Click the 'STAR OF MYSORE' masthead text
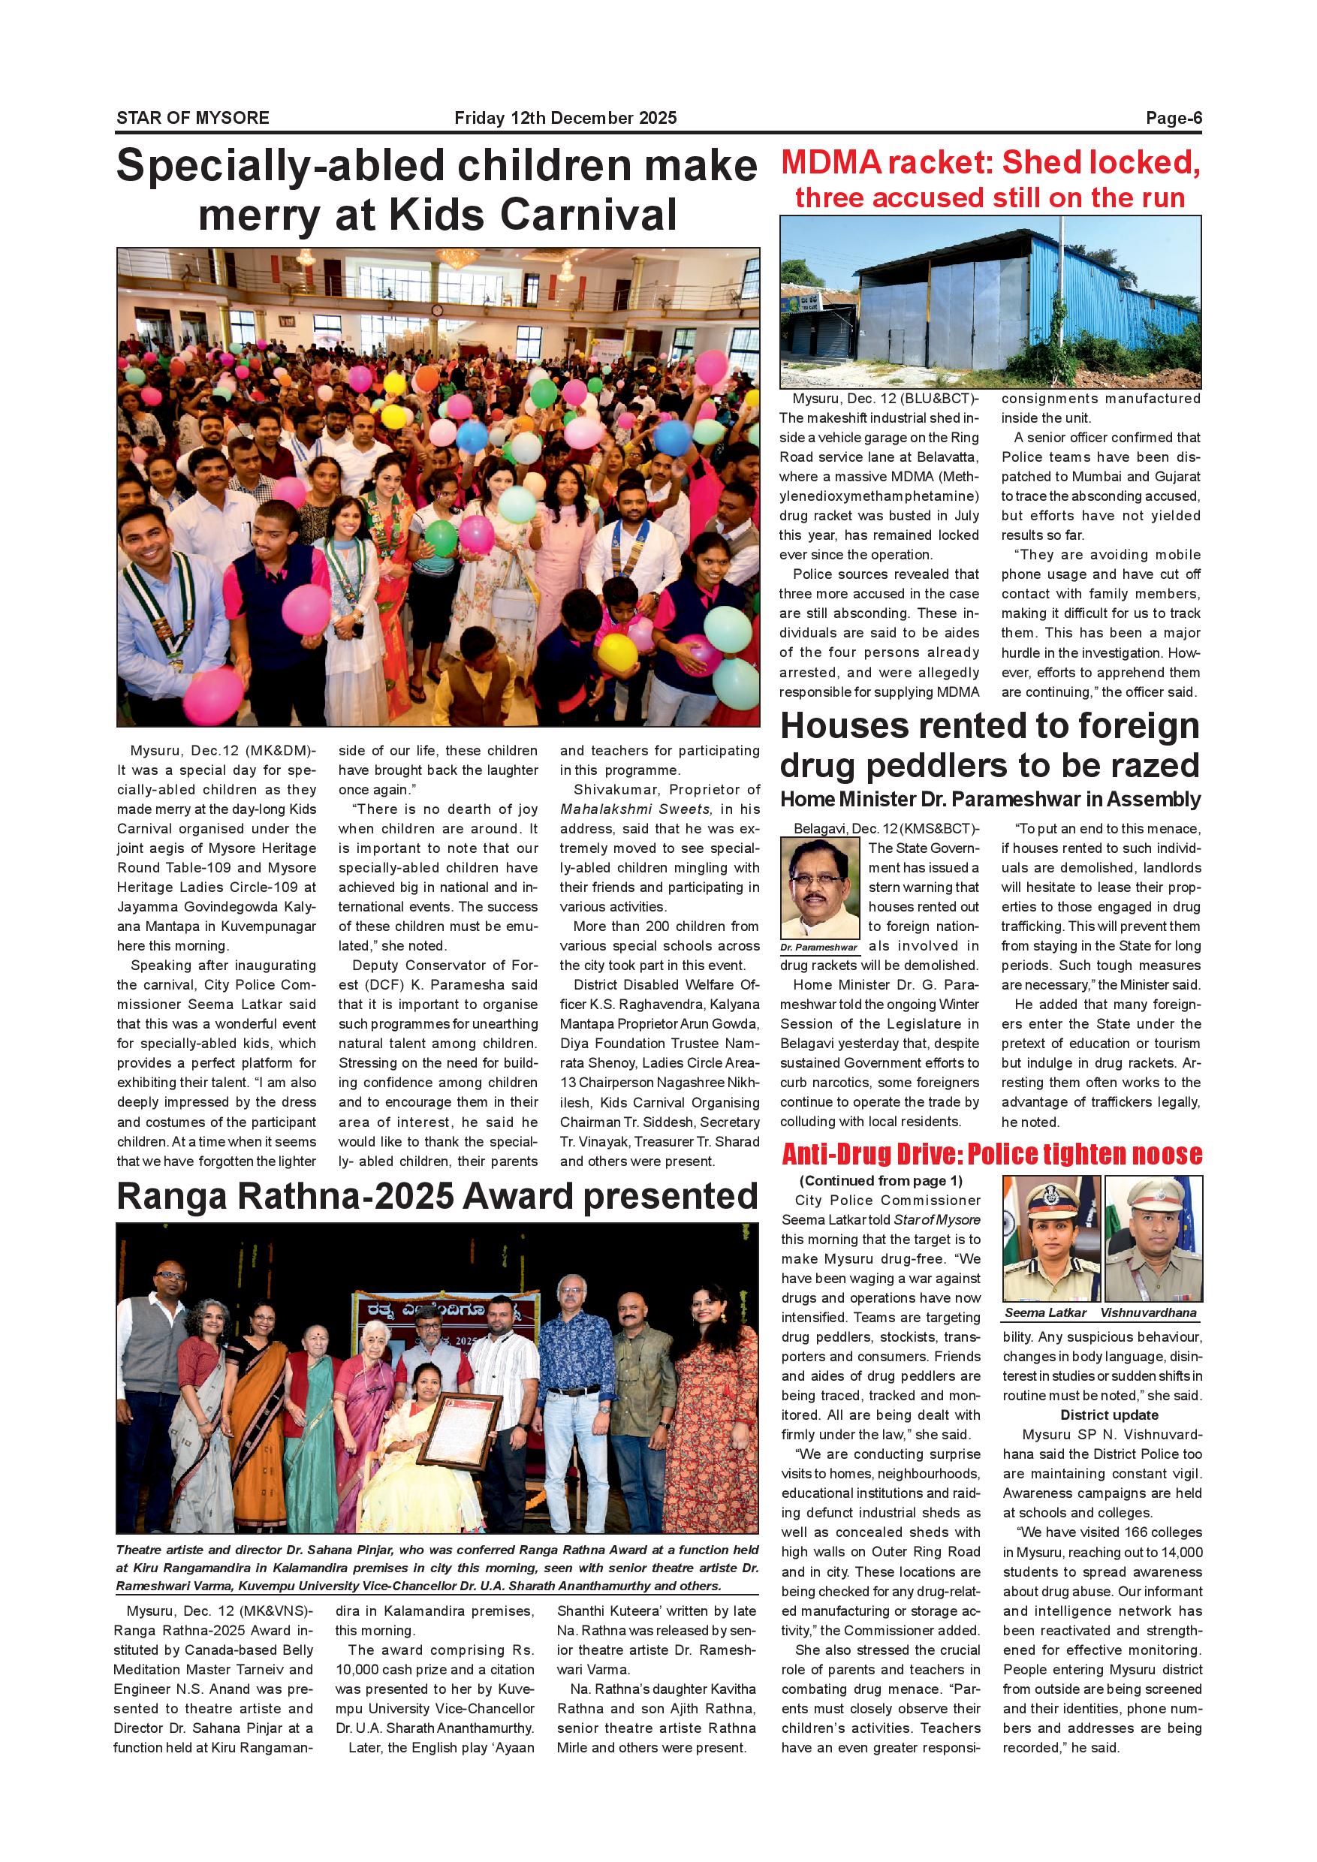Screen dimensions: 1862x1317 click(x=193, y=118)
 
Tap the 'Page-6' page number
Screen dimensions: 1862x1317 click(x=1173, y=119)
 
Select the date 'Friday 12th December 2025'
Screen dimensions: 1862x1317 click(x=565, y=119)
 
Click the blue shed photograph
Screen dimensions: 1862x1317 click(x=990, y=302)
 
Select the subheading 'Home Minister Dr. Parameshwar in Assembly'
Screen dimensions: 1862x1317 click(x=990, y=800)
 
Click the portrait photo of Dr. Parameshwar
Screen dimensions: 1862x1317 click(x=820, y=889)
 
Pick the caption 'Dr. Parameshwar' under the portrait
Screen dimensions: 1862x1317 click(x=819, y=948)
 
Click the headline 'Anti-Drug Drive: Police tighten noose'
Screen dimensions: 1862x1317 click(x=991, y=1154)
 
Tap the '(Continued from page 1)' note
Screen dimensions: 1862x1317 click(x=881, y=1181)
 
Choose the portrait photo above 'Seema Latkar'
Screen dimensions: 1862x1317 click(x=1050, y=1238)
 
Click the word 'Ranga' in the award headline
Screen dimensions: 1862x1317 click(x=175, y=1197)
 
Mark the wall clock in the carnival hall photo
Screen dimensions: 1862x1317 click(x=436, y=310)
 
